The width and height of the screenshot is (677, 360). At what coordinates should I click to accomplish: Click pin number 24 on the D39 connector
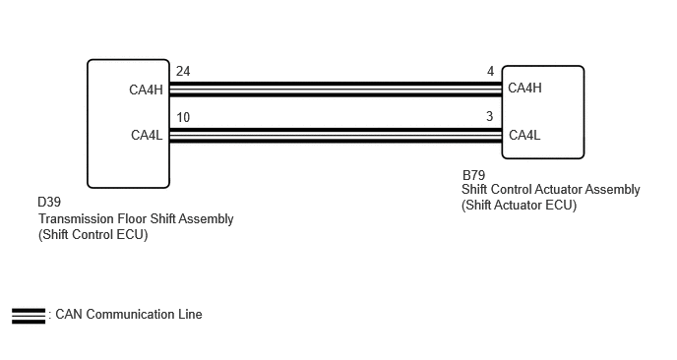183,71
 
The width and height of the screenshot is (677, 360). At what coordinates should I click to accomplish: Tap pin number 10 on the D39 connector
183,117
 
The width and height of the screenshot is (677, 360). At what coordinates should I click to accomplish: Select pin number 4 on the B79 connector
490,71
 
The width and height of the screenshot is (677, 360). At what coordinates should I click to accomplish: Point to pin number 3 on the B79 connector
490,116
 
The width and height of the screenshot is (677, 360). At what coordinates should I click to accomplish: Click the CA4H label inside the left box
146,90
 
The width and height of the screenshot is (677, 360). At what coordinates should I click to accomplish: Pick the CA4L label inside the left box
147,135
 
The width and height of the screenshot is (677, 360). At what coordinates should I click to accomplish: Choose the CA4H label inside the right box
524,89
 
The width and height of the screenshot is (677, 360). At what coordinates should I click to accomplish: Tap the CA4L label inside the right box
524,135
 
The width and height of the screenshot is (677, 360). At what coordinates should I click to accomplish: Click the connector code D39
49,202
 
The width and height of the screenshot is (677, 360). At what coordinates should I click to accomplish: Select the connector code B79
473,175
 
